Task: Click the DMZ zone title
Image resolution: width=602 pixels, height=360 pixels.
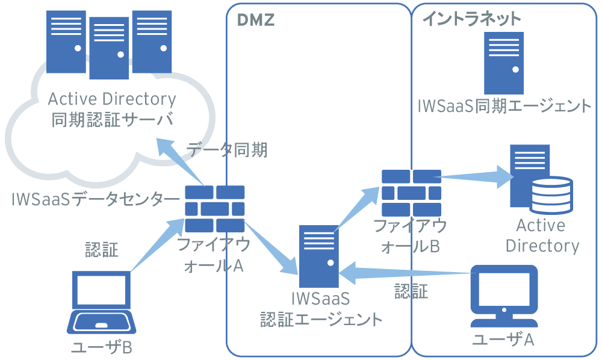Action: point(255,20)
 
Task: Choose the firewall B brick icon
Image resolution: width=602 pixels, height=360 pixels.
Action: point(412,193)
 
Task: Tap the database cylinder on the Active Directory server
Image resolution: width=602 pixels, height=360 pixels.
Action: point(550,193)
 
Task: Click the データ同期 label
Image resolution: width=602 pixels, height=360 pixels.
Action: point(227,150)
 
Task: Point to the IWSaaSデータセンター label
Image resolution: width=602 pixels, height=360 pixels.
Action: point(95,199)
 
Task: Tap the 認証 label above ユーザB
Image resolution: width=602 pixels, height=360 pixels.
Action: point(101,249)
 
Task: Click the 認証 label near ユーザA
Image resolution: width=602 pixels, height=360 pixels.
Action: point(411,292)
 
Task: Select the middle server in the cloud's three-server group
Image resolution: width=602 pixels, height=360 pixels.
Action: point(109,48)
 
